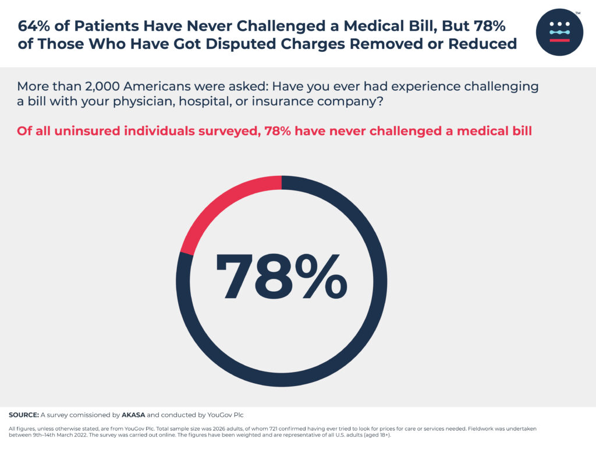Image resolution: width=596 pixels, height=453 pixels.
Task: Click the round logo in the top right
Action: click(559, 32)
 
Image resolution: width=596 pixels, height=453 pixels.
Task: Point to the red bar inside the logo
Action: click(559, 40)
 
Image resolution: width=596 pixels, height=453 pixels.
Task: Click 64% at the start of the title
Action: click(33, 27)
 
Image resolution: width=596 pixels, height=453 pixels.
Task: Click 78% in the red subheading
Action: click(278, 131)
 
